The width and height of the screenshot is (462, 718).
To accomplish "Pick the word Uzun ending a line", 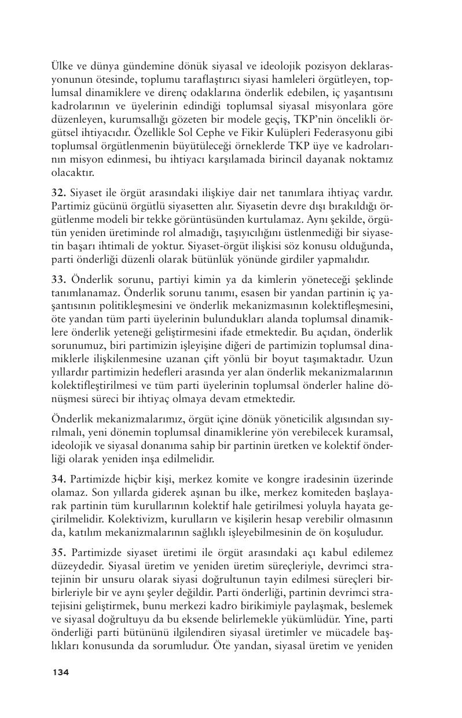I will click(x=383, y=359).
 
